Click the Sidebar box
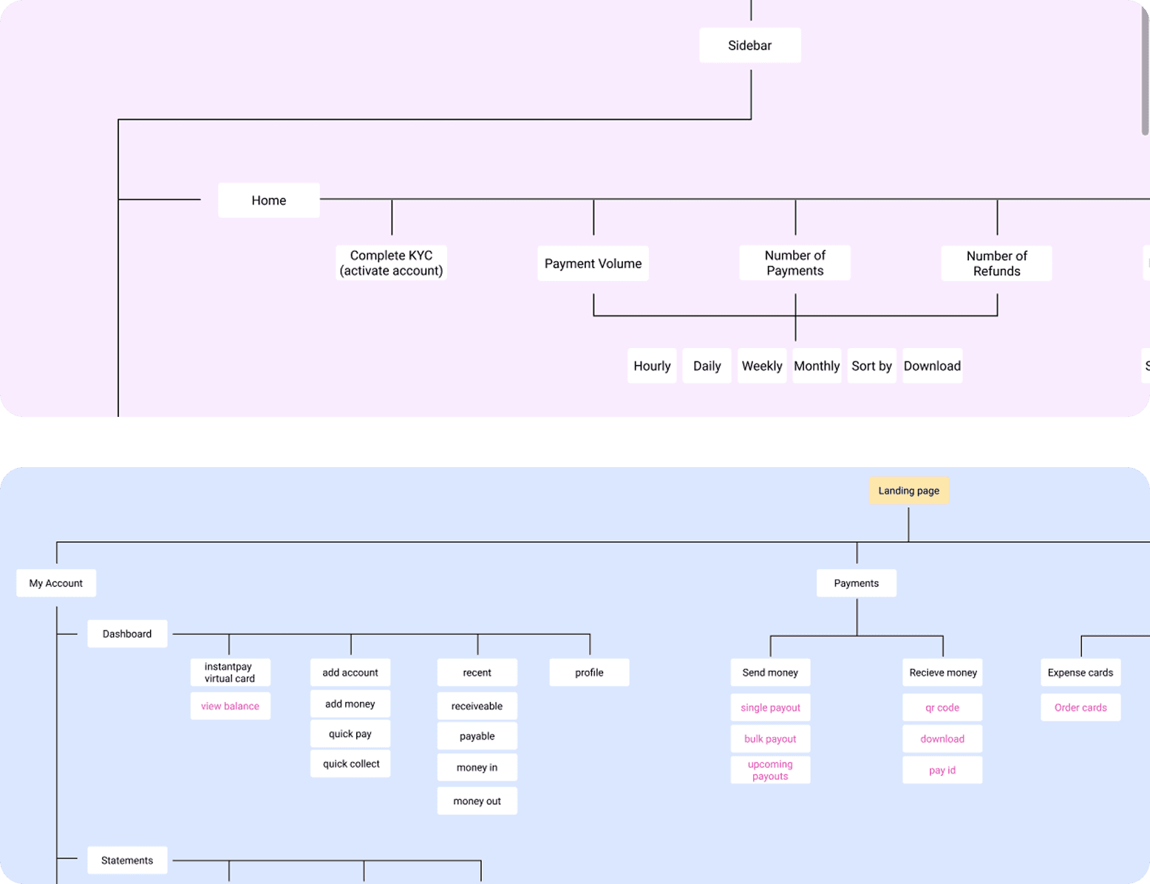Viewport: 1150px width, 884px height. pos(749,45)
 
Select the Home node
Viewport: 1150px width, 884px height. pos(268,200)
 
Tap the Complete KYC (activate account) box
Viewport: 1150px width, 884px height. pos(391,263)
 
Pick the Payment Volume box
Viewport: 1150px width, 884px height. pos(593,263)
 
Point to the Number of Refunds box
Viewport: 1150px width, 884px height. pos(996,263)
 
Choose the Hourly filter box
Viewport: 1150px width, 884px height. pos(652,366)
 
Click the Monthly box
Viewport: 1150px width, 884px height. pos(817,366)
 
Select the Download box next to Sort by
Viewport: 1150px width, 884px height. pos(932,366)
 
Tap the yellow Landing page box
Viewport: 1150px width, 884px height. pos(908,491)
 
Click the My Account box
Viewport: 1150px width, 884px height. pos(56,583)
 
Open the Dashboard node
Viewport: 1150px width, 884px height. pos(127,634)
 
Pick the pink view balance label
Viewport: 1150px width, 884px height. pos(230,706)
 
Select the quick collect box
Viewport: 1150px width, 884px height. pos(350,764)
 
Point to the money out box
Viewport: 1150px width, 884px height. pos(477,801)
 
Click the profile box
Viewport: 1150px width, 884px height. pos(589,673)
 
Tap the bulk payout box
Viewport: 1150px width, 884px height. pos(770,739)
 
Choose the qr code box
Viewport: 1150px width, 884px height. pos(942,707)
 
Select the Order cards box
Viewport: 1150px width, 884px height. pos(1081,707)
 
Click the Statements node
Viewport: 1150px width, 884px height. pos(127,860)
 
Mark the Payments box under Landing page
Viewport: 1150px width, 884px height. pos(856,583)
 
